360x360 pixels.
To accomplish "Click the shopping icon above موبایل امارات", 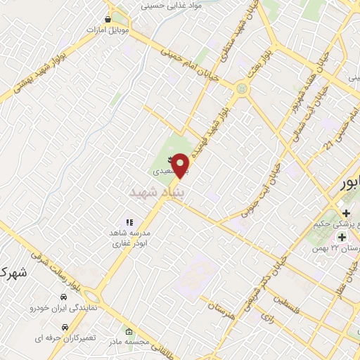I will [107, 20].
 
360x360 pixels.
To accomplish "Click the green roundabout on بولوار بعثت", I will [243, 89].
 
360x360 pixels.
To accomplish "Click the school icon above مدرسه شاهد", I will [129, 222].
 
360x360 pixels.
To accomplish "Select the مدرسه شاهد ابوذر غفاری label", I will [127, 239].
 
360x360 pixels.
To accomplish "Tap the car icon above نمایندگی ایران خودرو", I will [64, 297].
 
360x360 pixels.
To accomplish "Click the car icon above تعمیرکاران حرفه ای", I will [65, 327].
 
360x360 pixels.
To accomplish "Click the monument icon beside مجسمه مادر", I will [128, 331].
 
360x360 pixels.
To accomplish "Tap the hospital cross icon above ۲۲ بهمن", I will [342, 237].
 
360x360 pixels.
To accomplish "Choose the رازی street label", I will [267, 319].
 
